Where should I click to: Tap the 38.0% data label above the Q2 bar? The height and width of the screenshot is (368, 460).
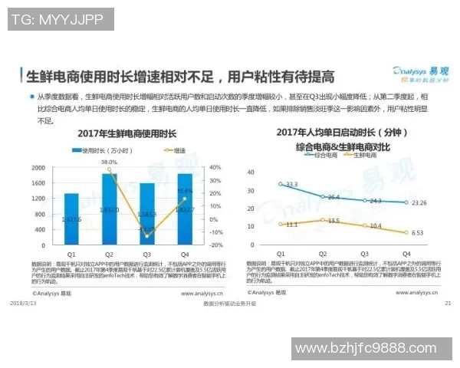coord(110,163)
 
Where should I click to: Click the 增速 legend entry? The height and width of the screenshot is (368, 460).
coord(177,151)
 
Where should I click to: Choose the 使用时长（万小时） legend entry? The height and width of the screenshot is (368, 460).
coord(101,151)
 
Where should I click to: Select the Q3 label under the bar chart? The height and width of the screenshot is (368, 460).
coord(147,255)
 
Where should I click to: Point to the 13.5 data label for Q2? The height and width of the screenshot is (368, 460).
coord(333,220)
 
